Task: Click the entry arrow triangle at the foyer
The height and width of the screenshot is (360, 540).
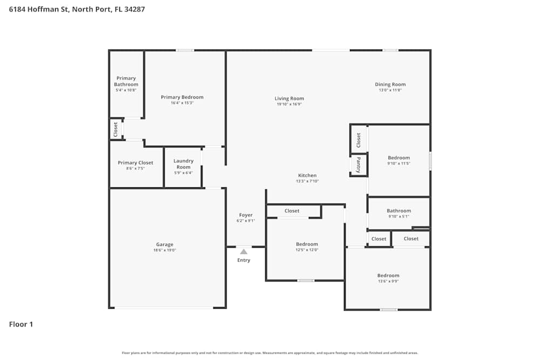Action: click(x=244, y=252)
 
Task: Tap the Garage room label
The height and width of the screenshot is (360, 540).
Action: click(x=165, y=244)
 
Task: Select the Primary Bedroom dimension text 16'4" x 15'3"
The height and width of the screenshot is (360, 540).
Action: click(x=182, y=103)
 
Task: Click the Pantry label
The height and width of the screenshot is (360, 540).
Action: click(x=359, y=165)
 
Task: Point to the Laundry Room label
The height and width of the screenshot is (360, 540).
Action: click(x=183, y=164)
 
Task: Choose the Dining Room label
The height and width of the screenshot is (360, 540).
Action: click(x=390, y=84)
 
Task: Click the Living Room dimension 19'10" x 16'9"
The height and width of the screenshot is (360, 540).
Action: click(x=289, y=104)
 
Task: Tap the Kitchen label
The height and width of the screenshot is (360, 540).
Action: click(x=307, y=175)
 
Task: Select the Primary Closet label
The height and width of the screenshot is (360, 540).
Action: click(x=136, y=162)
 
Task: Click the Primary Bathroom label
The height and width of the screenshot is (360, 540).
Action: click(x=126, y=81)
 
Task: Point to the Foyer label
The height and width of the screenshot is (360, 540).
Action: click(x=246, y=215)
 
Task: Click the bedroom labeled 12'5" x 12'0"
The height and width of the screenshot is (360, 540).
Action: click(x=307, y=244)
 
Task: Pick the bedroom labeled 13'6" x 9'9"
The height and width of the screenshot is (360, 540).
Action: click(x=388, y=275)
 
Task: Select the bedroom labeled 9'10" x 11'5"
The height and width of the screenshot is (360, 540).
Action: click(x=399, y=158)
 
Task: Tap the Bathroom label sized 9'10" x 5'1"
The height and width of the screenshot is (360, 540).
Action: click(x=399, y=210)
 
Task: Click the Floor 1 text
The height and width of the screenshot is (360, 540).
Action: click(x=21, y=324)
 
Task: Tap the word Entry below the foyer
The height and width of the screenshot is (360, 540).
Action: click(x=244, y=260)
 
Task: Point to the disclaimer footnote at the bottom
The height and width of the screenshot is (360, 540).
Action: click(x=270, y=353)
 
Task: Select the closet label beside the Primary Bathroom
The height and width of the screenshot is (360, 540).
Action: click(x=116, y=129)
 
